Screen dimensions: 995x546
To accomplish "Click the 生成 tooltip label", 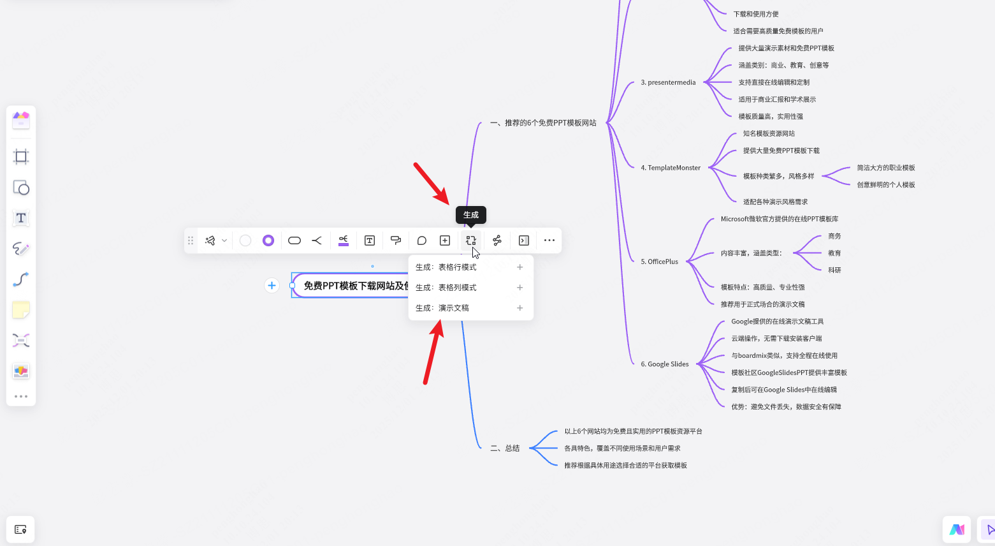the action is (471, 215).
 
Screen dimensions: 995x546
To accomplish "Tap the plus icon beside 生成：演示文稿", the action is (519, 308).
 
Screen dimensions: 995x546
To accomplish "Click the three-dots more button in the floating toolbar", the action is (549, 240).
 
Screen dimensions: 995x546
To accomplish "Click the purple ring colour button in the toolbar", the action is (268, 240).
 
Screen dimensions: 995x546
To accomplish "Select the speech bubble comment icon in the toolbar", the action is (421, 240).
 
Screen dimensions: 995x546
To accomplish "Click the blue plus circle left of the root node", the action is (272, 286).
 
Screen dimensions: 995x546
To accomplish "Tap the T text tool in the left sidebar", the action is (21, 218).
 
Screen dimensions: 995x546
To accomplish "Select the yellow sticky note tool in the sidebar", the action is (21, 310).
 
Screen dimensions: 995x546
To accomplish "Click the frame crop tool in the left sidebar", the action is (21, 156).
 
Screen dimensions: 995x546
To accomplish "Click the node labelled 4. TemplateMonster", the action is (671, 168).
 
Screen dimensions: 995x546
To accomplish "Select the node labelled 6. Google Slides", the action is (665, 364).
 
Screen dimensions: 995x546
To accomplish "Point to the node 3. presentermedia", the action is (668, 82).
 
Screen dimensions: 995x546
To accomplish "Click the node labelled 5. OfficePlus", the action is (660, 262).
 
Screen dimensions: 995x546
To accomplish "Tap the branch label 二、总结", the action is (505, 448).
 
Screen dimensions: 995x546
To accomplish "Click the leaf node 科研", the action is (834, 270).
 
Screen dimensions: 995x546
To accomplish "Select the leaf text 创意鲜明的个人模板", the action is (886, 184).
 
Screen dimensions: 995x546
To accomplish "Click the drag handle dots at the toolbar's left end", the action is (191, 240).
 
